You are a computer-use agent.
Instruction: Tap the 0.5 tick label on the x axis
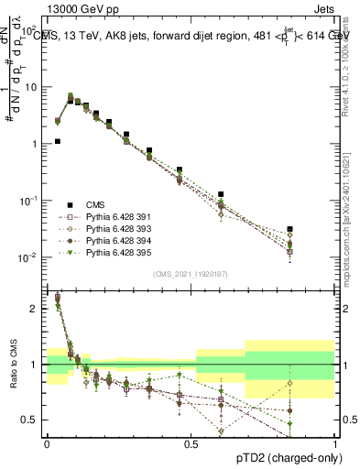[x=191, y=443]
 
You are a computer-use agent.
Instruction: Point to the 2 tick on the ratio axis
[x=34, y=309]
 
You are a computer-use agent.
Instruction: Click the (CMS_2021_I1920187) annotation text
[x=191, y=274]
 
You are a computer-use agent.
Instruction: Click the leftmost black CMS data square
[x=58, y=142]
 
